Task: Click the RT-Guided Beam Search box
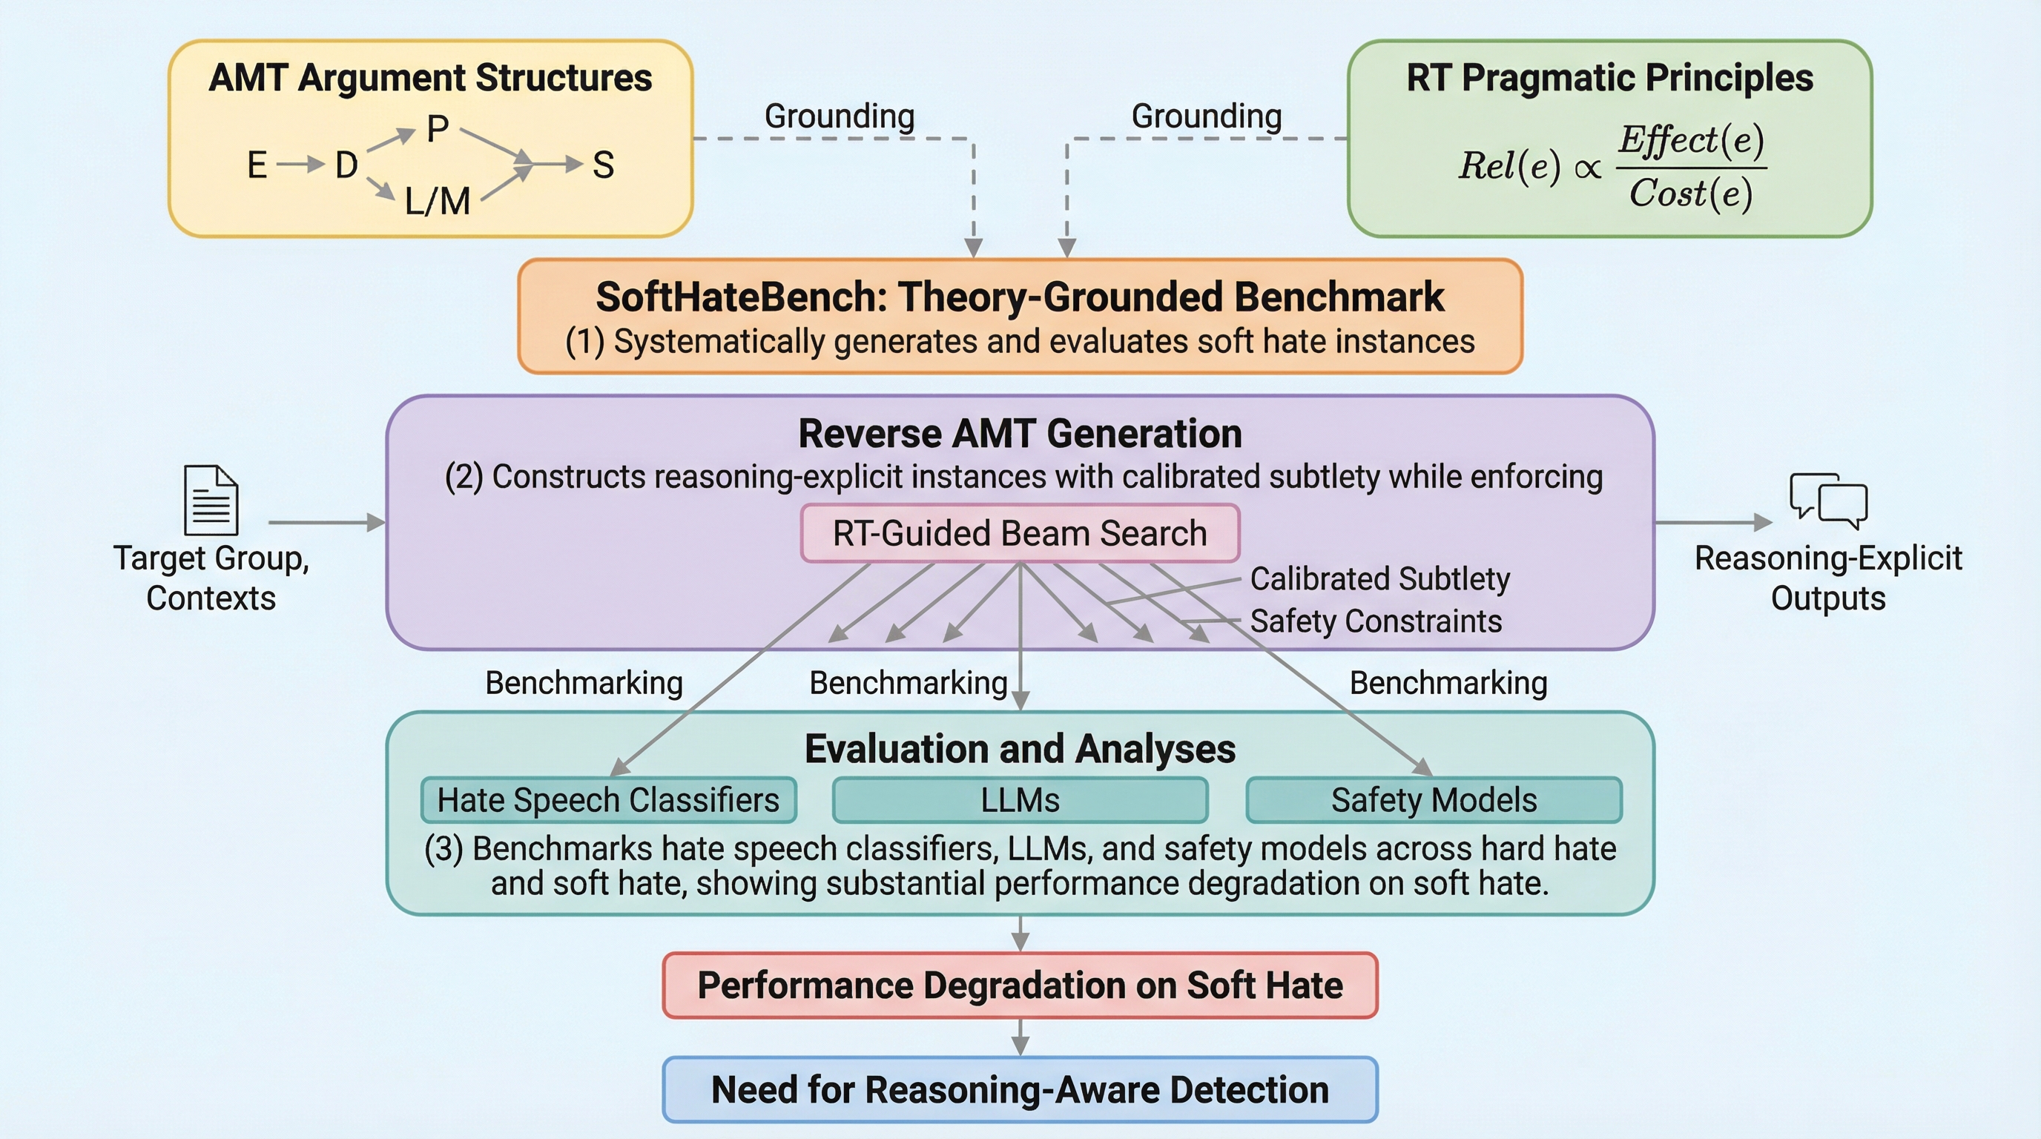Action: tap(1020, 533)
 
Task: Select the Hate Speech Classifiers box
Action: tap(607, 800)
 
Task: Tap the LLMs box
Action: tap(1020, 800)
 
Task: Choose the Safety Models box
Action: tap(1434, 800)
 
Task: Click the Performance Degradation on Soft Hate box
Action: tap(1020, 986)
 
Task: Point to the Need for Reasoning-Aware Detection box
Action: tap(1020, 1090)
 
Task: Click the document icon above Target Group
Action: tap(211, 500)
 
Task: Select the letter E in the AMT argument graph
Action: tap(257, 165)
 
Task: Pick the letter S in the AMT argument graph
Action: tap(603, 165)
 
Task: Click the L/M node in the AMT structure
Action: tap(438, 201)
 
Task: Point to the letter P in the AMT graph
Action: tap(438, 128)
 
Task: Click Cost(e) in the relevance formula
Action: tap(1690, 194)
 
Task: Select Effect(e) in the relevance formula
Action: tap(1691, 140)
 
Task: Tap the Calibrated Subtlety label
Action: tap(1379, 579)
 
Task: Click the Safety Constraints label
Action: tap(1376, 621)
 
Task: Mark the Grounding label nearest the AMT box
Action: tap(839, 116)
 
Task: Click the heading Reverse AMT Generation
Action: tap(1020, 434)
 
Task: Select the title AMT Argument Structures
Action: tap(430, 78)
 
